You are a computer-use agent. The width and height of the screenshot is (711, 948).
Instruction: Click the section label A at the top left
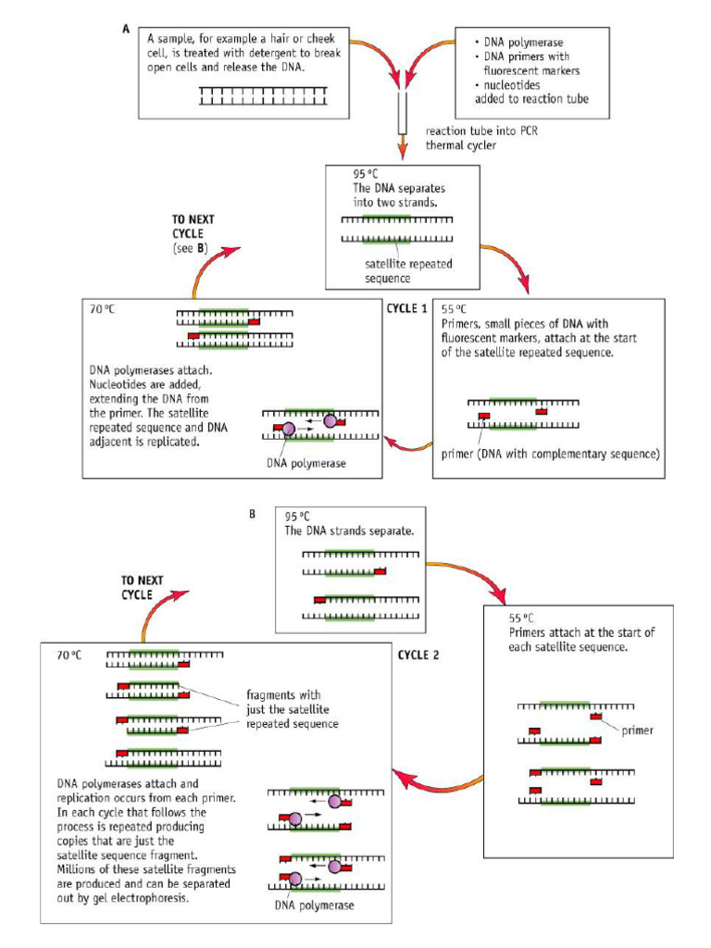pyautogui.click(x=126, y=29)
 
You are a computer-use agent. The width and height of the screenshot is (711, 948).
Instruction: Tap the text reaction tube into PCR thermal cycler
pyautogui.click(x=480, y=138)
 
